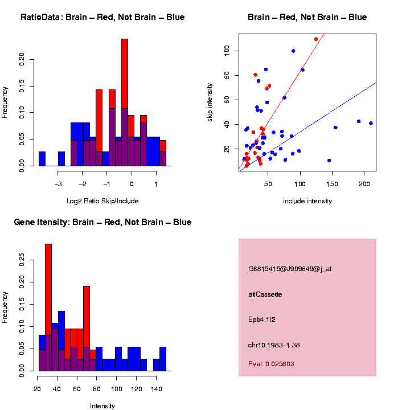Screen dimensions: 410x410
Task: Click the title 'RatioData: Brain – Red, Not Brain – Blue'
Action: pos(102,17)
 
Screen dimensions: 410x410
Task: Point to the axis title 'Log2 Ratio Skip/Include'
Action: pos(102,200)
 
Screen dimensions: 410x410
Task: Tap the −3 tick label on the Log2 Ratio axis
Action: pos(58,184)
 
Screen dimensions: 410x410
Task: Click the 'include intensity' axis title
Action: pos(307,201)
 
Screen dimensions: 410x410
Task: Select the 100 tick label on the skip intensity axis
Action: pos(227,51)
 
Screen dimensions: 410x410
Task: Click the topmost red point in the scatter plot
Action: pos(316,39)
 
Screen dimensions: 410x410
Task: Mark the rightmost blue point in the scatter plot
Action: pos(371,123)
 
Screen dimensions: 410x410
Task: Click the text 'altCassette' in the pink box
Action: pos(265,294)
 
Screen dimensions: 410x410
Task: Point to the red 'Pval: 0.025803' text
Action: pos(271,363)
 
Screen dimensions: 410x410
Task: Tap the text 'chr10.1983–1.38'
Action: pos(274,345)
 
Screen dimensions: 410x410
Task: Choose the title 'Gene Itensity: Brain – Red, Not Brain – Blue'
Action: pos(102,222)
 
